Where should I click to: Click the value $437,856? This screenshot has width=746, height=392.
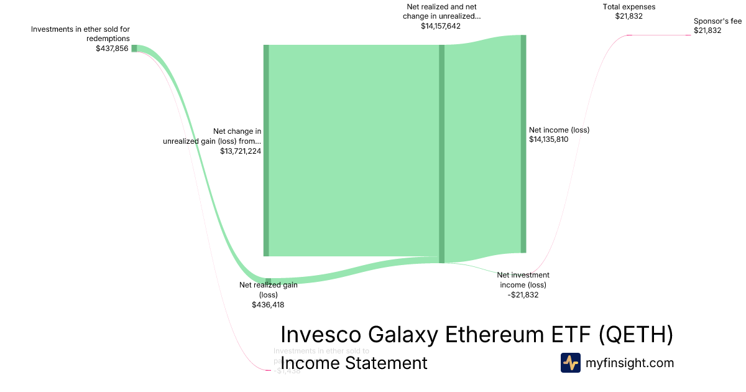pos(112,48)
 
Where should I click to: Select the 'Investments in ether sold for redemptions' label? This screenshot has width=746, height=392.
pos(80,34)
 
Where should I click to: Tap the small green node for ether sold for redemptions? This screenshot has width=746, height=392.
pos(134,49)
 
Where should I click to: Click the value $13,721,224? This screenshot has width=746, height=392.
pos(241,151)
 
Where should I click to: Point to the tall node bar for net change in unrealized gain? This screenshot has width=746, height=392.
pos(266,150)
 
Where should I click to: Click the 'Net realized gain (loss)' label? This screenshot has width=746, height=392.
pos(269,290)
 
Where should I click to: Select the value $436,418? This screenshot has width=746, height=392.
pos(268,305)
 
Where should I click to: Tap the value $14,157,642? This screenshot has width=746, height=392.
pos(441,26)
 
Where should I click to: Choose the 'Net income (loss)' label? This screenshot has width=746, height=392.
pos(559,130)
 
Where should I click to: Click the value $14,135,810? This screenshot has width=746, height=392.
pos(548,139)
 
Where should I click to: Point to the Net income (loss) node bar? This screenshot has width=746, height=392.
pos(523,144)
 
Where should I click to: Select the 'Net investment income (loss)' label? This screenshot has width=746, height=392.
pos(523,280)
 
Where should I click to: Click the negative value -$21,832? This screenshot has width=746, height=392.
pos(523,295)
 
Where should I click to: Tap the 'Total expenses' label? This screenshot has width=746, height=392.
pos(629,7)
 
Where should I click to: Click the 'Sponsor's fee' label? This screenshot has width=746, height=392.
pos(717,21)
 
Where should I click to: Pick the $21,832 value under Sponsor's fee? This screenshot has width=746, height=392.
pos(707,30)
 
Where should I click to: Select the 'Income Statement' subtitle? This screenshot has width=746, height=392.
pos(354,363)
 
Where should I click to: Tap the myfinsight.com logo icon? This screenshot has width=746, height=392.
pos(570,363)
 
